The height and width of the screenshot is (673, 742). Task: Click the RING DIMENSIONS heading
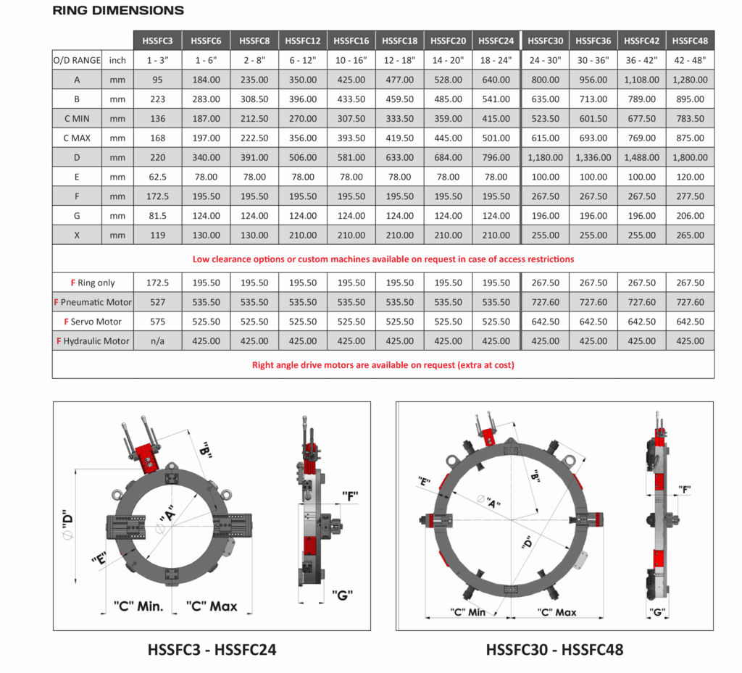118,10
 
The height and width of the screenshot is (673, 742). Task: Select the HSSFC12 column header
303,41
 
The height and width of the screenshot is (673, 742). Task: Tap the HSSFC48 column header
690,41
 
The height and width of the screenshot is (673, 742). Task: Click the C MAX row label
77,138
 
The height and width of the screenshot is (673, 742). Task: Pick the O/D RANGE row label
77,60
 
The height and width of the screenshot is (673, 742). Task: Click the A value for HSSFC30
545,80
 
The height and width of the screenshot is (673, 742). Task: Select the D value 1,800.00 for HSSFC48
690,157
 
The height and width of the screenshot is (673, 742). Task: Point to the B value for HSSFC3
157,99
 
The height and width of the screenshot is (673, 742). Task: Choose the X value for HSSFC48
690,235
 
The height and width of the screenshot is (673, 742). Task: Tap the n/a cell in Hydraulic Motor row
157,341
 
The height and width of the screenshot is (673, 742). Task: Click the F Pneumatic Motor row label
93,302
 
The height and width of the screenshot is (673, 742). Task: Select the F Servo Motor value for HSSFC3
157,322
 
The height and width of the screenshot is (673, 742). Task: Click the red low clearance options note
383,259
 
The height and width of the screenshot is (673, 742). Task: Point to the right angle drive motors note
383,365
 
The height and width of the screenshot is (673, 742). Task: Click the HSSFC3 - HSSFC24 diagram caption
212,649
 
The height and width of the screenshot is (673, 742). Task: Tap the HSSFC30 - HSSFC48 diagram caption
554,649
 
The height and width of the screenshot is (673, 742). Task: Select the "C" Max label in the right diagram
556,612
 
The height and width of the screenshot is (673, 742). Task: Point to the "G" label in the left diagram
342,595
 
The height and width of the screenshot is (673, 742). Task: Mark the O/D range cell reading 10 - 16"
351,60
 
